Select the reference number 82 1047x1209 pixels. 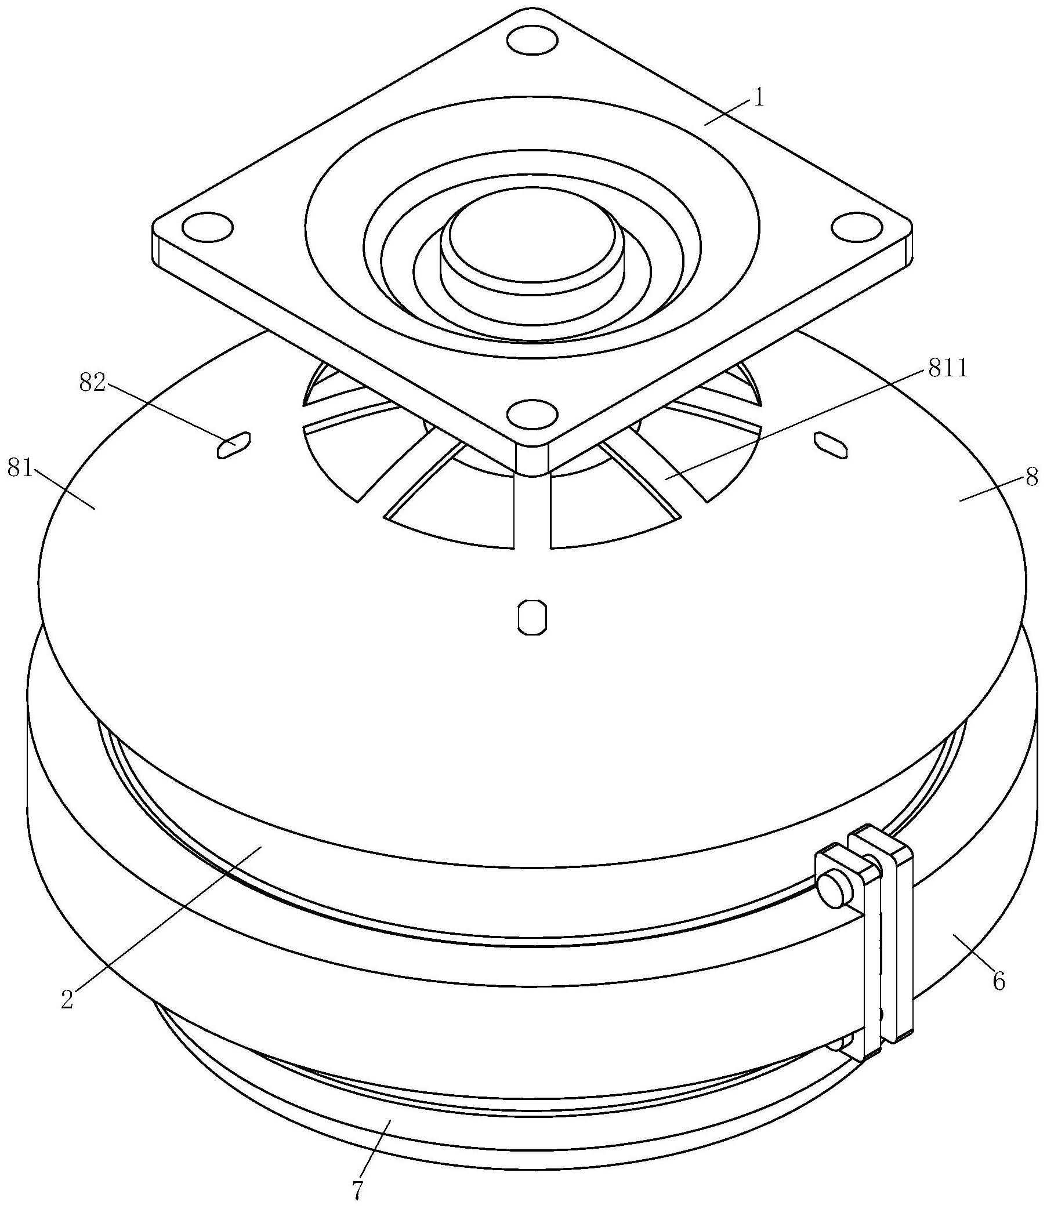tap(93, 384)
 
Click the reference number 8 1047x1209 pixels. tap(1031, 477)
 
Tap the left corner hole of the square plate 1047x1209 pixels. tap(208, 227)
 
